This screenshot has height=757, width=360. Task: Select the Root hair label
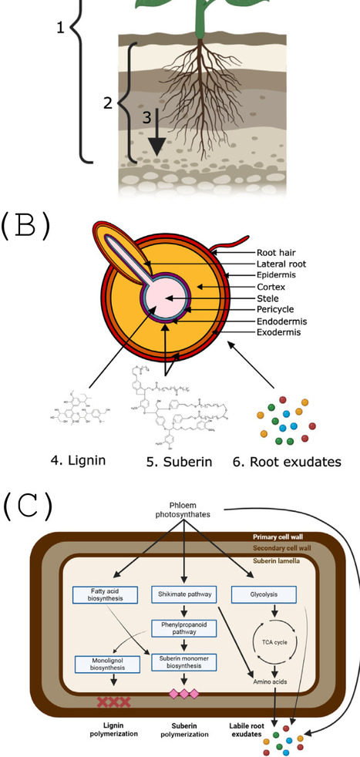coord(279,251)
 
